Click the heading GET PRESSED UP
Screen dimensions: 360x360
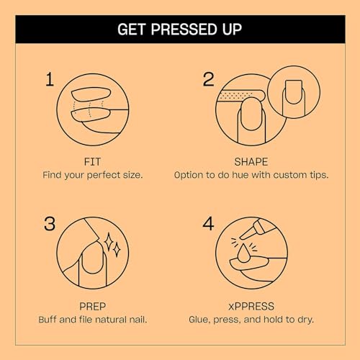(x=179, y=30)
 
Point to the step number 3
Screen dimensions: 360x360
(x=50, y=224)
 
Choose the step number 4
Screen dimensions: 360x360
(x=209, y=224)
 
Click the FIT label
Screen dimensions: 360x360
(x=94, y=161)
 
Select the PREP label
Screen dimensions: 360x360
(x=94, y=305)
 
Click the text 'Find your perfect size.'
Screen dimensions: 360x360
(x=94, y=175)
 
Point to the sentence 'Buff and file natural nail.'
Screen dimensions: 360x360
(x=94, y=319)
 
